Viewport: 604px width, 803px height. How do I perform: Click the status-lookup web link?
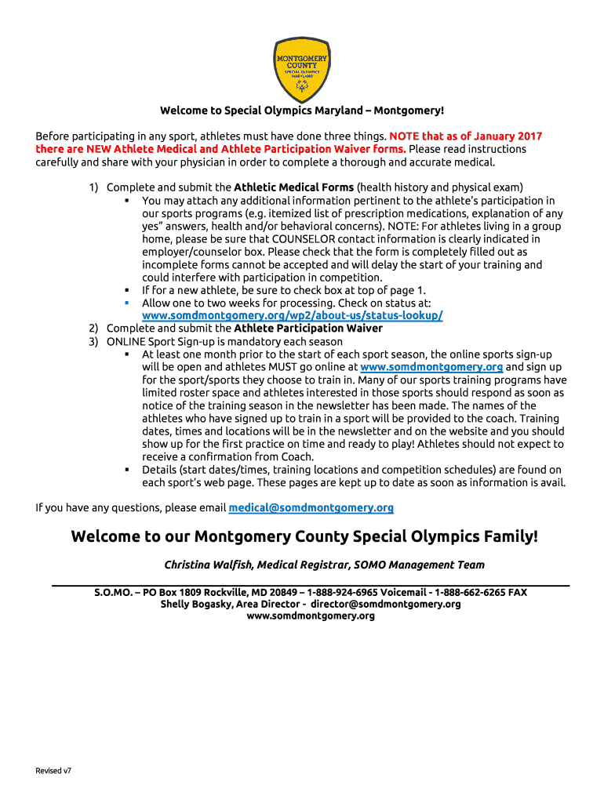point(292,315)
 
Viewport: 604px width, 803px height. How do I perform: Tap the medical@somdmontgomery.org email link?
point(311,508)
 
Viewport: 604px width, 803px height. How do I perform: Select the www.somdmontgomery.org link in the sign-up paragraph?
point(431,367)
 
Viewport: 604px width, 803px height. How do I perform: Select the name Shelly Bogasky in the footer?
point(192,605)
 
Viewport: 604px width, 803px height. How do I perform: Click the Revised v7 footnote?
point(53,771)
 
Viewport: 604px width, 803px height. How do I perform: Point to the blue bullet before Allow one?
point(126,303)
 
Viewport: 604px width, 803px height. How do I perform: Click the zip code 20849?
point(283,593)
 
